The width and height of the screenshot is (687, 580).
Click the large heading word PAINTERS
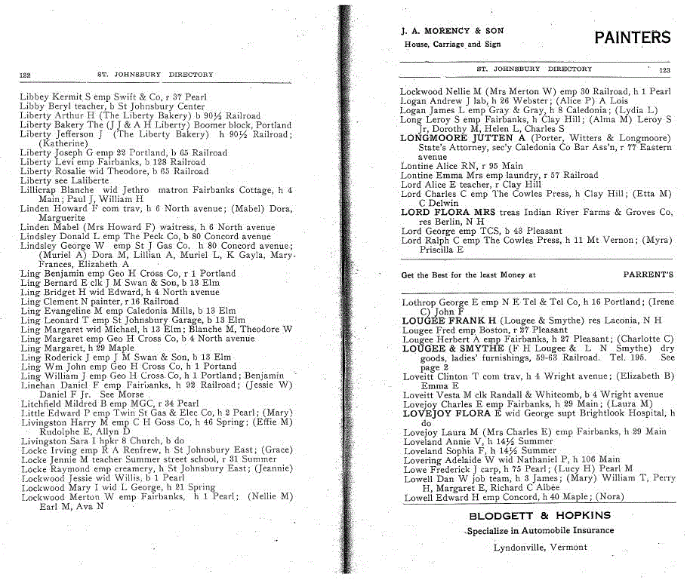[632, 37]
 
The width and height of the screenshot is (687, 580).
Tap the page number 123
[664, 69]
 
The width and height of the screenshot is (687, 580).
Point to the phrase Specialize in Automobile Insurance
[528, 531]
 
